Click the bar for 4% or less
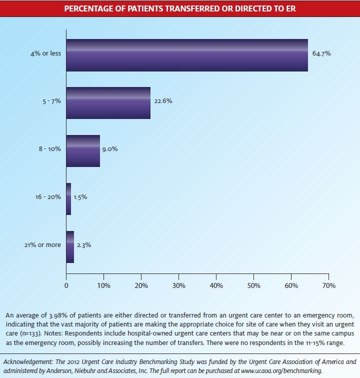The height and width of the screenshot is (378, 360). tap(187, 55)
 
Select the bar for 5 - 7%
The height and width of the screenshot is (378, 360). tap(108, 102)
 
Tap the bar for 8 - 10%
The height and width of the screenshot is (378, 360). tap(83, 151)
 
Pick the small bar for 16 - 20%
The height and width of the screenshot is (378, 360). tap(68, 199)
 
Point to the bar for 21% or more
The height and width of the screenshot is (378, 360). tap(70, 246)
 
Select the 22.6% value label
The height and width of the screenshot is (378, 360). tap(162, 100)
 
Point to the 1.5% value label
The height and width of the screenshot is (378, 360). tap(80, 197)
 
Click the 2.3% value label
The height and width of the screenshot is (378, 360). tap(83, 245)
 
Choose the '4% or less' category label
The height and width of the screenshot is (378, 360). tap(46, 53)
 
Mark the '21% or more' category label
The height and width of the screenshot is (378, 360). tap(42, 245)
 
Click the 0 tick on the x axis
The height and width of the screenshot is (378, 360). tap(66, 285)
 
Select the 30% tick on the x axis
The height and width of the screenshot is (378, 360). tap(178, 285)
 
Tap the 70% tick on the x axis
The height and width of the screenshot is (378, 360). tap(328, 285)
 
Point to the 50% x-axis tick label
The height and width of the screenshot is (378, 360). tap(253, 285)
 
